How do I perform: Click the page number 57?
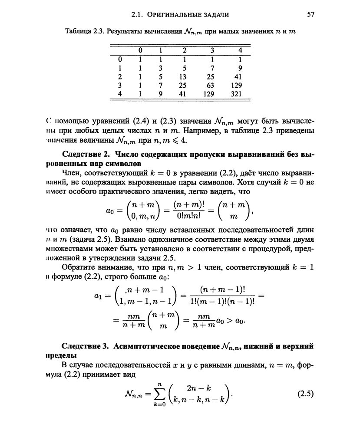(x=310, y=14)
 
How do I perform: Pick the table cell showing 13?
(x=183, y=76)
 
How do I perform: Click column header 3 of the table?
(x=212, y=50)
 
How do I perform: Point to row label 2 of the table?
(x=120, y=76)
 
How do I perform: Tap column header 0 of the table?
(x=140, y=50)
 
